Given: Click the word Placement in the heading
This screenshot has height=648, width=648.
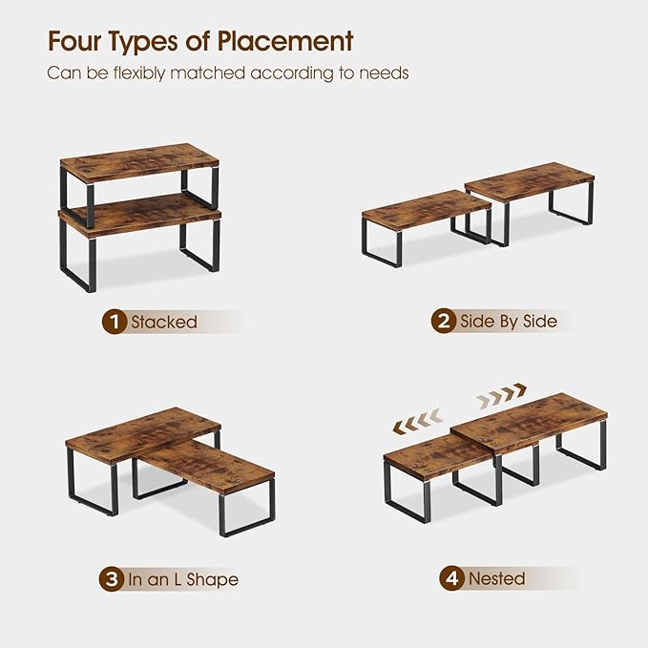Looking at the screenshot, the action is (284, 41).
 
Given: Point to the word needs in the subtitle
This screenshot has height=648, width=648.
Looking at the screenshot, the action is (384, 73).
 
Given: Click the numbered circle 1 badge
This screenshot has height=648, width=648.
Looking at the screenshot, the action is (114, 322).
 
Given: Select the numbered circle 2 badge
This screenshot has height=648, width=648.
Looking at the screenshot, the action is (444, 321).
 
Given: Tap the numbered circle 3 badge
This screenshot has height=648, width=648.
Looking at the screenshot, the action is (112, 579).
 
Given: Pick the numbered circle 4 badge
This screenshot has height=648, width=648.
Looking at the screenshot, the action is (451, 577).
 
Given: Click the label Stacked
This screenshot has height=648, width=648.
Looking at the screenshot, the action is (164, 322).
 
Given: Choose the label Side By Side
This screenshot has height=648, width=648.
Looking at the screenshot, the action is (509, 321).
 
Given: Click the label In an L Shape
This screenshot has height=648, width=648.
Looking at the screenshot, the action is (183, 579).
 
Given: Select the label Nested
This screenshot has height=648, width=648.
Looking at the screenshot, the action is (496, 578).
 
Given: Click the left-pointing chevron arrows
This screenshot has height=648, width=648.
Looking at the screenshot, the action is (417, 421).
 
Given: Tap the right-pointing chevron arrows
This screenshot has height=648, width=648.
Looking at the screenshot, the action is (501, 395).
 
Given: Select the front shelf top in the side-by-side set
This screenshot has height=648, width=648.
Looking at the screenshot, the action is (427, 210).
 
